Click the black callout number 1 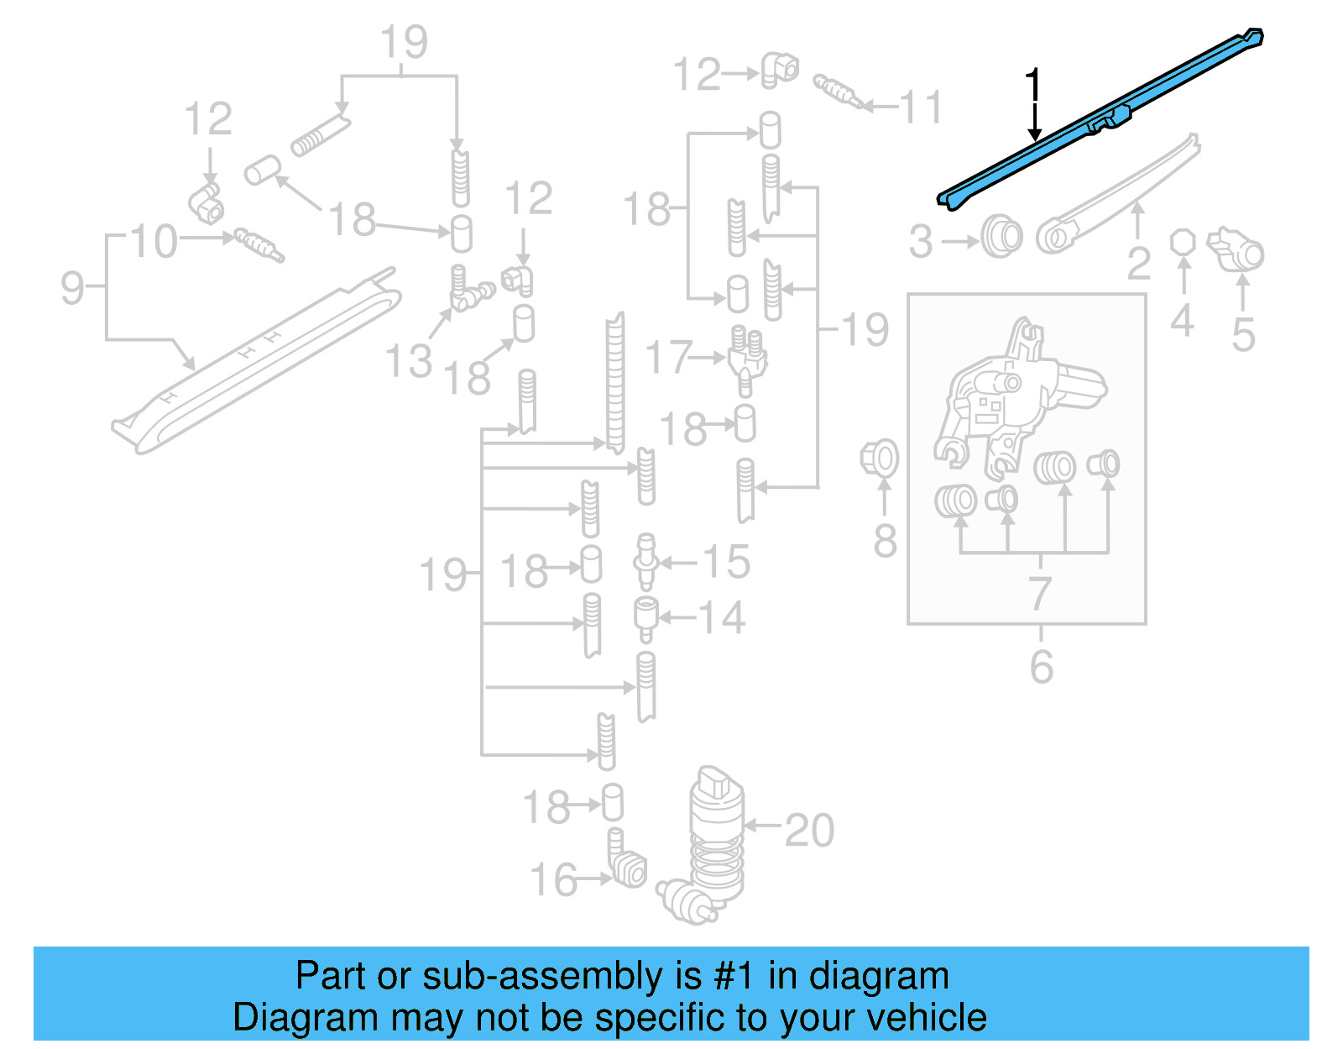(x=1033, y=87)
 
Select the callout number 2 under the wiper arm (x=1138, y=263)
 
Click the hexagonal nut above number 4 (x=1183, y=242)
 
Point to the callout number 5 (x=1243, y=334)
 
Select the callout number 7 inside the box (x=1040, y=593)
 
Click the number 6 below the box (x=1041, y=667)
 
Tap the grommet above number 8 (x=880, y=459)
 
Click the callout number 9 (x=72, y=287)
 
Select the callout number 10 (x=154, y=242)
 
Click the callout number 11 (x=921, y=108)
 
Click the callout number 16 (x=553, y=879)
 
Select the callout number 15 (x=726, y=562)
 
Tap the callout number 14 (x=722, y=618)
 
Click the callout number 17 (x=668, y=358)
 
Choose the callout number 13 (x=408, y=362)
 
